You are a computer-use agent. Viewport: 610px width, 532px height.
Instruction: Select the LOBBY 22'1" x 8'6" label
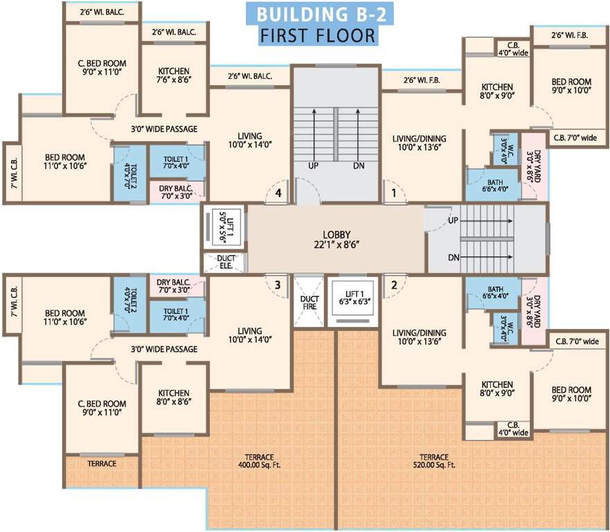pos(337,239)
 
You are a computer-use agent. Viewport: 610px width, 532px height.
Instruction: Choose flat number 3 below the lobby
pos(277,284)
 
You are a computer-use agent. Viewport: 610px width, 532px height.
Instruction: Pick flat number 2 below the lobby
pos(393,284)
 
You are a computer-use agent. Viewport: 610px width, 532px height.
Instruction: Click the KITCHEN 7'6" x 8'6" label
pos(174,76)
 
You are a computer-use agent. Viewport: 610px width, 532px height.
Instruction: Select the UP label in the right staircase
pos(454,221)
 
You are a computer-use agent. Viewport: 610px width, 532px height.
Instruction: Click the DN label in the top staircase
pos(359,166)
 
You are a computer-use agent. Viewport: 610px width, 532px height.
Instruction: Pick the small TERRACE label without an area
pos(102,463)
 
